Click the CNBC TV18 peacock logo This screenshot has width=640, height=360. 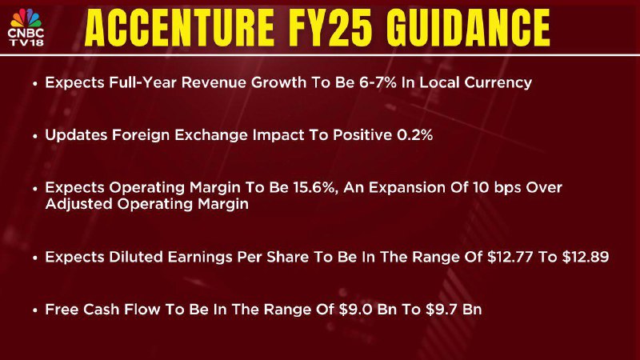point(26,27)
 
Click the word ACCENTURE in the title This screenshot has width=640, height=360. point(179,28)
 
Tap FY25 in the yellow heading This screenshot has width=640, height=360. point(330,28)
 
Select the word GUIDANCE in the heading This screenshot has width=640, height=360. point(468,28)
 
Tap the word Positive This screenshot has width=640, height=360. point(362,135)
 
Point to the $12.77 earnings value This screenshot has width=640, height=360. point(510,257)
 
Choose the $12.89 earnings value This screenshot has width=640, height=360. point(586,257)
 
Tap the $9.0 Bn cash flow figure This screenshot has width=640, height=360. point(368,310)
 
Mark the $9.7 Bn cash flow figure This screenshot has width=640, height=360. point(454,310)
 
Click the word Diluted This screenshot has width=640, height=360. point(136,257)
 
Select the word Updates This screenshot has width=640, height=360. point(76,135)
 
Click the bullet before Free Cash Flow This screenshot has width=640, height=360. point(35,310)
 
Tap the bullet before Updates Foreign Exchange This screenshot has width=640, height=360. point(35,136)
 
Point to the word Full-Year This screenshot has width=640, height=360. point(143,82)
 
